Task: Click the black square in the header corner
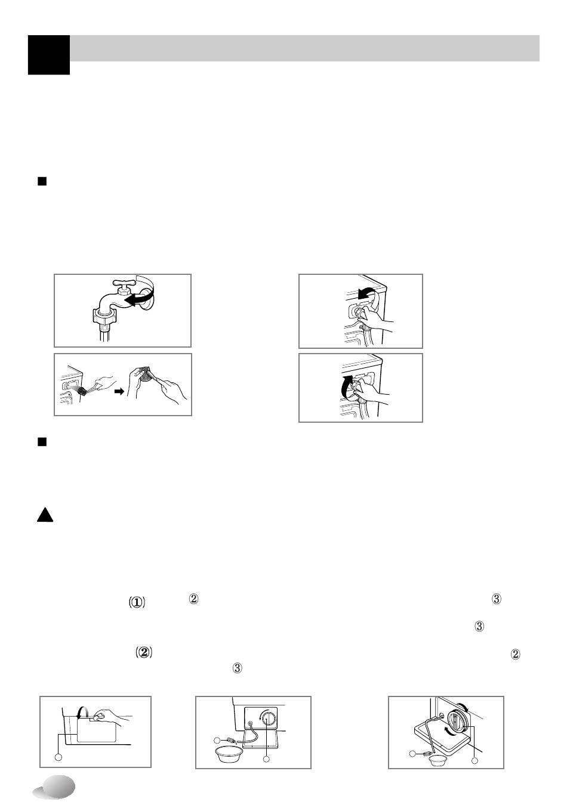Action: point(49,55)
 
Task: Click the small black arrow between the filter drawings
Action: point(119,392)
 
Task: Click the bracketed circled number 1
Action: point(137,602)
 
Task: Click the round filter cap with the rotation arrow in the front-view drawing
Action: point(269,718)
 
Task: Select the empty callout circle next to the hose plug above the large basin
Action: point(217,740)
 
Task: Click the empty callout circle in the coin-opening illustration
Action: point(58,757)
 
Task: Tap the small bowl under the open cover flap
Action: point(437,760)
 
